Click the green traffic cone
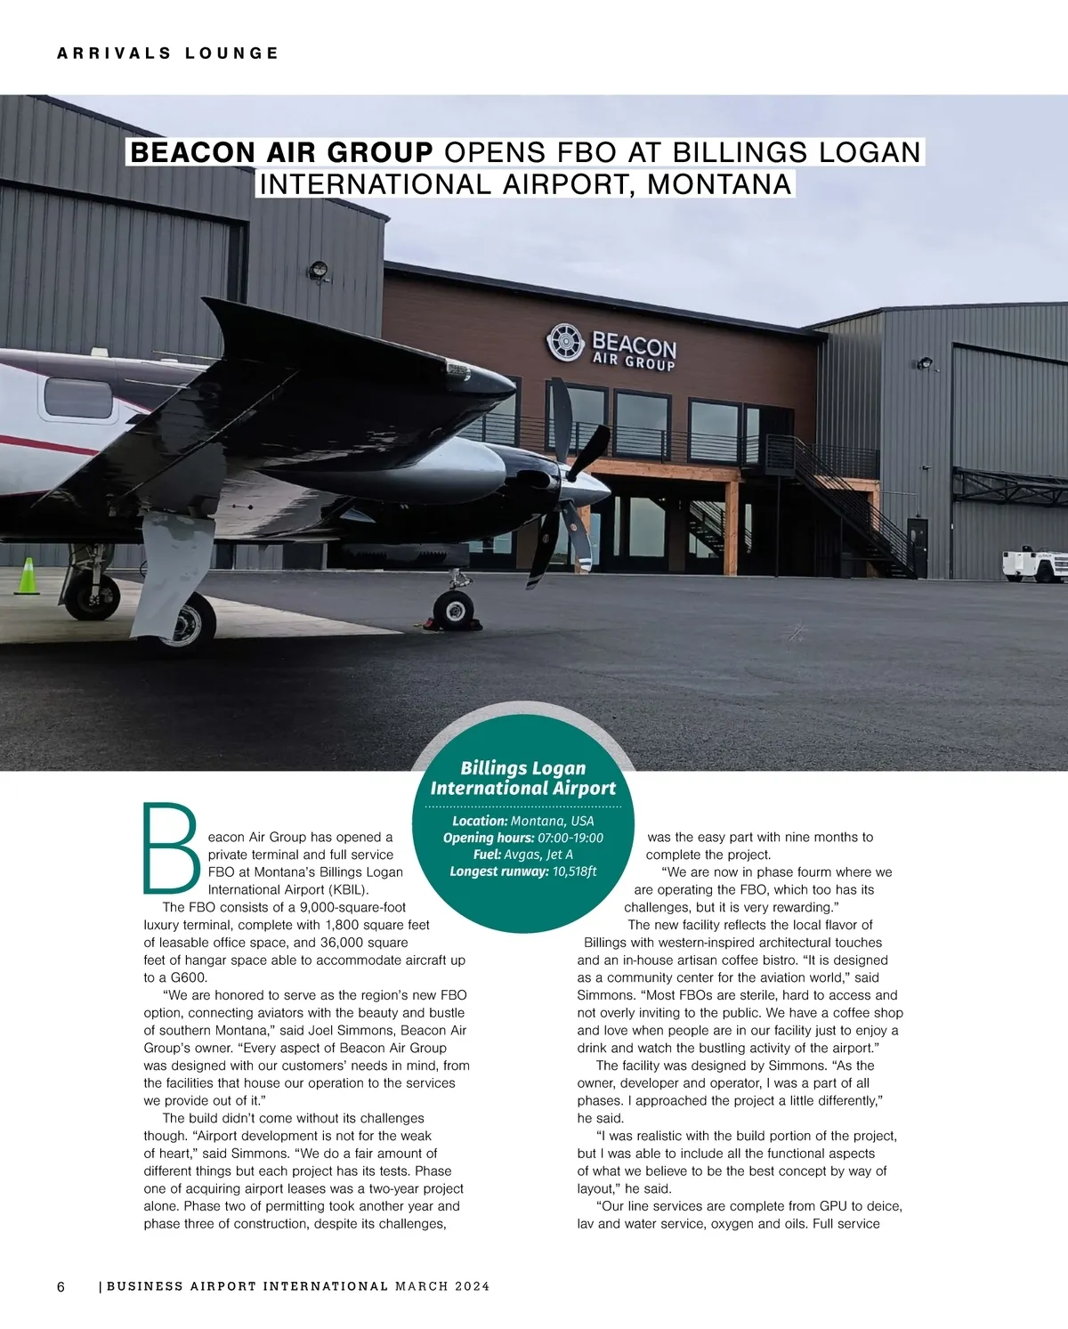coord(28,576)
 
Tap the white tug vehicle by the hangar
coord(1034,564)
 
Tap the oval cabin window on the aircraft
coord(78,398)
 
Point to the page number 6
coord(61,1286)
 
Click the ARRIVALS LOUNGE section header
coord(168,53)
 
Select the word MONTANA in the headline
coord(719,184)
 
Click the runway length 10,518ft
coord(574,871)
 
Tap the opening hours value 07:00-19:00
coord(570,838)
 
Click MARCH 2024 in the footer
coord(442,1286)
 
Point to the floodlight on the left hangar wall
coord(318,269)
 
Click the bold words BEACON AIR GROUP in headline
coord(281,152)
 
